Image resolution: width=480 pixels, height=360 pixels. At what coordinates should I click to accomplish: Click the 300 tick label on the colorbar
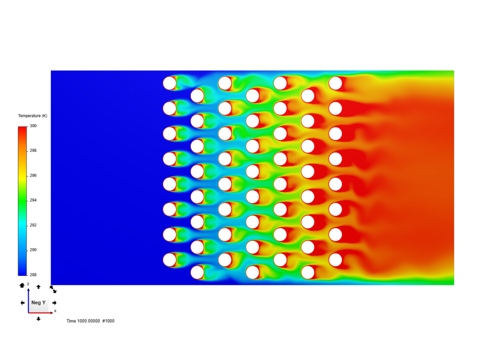coord(33,126)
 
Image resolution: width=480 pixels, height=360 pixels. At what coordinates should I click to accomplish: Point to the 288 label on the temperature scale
coord(33,275)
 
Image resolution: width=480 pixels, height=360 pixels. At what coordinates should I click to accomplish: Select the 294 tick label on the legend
coord(33,200)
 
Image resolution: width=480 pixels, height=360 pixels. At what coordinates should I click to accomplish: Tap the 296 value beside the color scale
coord(33,175)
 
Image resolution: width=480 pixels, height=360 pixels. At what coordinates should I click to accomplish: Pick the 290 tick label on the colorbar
coord(33,250)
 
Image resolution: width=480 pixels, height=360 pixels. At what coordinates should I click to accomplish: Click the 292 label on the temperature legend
coord(33,225)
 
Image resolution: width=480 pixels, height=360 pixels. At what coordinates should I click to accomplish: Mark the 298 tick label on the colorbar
coord(33,151)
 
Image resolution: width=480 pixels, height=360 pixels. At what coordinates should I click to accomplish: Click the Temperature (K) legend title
coord(33,116)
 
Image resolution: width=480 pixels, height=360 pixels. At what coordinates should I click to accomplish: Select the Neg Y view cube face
coord(38,303)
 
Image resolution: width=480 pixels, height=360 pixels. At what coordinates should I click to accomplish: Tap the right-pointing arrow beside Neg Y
coord(54,303)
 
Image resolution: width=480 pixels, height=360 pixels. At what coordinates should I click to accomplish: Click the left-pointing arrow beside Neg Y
coord(22,303)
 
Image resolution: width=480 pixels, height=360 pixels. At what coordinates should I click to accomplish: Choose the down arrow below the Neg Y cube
coord(39,319)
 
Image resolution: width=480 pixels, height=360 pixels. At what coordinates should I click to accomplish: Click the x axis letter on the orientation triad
coord(55,311)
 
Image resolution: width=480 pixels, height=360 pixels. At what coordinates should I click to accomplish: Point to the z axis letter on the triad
coord(28,284)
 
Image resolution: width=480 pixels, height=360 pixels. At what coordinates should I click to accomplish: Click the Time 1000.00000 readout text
coord(83,321)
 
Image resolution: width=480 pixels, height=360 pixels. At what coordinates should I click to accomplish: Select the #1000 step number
coord(108,321)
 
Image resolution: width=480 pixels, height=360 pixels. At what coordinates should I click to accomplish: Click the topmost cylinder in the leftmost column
coord(170,83)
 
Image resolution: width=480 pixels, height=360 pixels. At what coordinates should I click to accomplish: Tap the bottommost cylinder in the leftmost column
coord(170,260)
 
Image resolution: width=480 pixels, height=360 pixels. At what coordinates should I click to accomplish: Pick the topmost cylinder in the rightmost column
coord(335,83)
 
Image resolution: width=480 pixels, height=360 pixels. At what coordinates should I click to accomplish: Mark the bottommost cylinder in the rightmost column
coord(335,260)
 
